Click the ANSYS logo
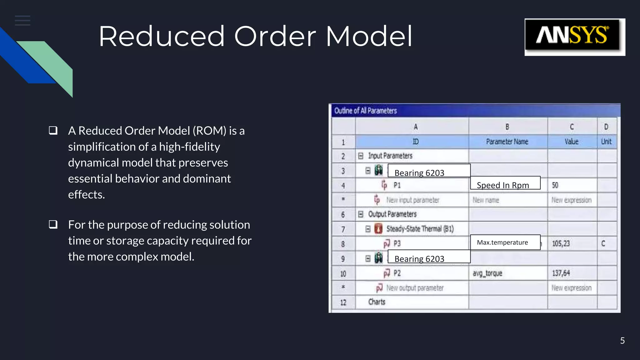coord(574,37)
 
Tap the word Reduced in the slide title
coord(162,37)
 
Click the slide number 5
coord(622,341)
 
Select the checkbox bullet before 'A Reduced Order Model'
coord(53,130)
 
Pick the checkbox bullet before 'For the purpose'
coord(53,224)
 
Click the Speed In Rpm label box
coord(505,183)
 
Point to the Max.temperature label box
coord(505,242)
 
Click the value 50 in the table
coord(555,185)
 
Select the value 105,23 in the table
coord(561,243)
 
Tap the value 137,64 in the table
coord(561,273)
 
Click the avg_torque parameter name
coord(487,273)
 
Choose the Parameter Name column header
coord(507,142)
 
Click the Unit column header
coord(606,142)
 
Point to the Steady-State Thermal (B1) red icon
coord(378,229)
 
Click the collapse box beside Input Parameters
coord(361,156)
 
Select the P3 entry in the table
coord(397,243)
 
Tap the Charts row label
coord(377,302)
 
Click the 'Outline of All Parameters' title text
coord(365,111)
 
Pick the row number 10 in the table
coord(343,274)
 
